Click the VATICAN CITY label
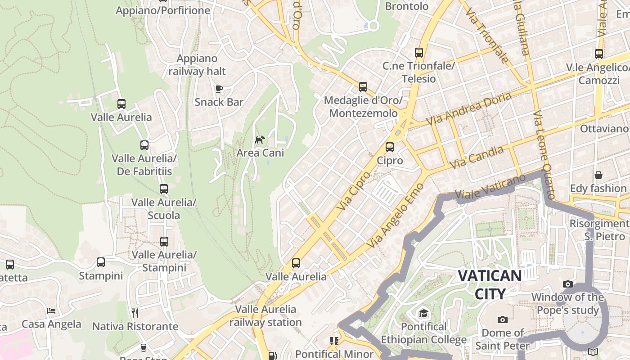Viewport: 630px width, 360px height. point(490,284)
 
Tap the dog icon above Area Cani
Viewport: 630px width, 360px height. point(260,139)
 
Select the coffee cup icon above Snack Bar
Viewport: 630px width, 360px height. point(219,89)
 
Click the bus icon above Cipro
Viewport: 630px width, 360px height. point(390,147)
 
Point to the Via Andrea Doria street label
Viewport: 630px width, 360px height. point(468,109)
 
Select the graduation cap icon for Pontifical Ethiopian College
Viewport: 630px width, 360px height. point(423,313)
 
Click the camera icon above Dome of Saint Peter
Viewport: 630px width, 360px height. point(503,319)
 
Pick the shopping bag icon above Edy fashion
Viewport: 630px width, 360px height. point(598,175)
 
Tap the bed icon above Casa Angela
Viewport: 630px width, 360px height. point(51,310)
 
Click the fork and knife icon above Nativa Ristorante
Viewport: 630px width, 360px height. point(135,313)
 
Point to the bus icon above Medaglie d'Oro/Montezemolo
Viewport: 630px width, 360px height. point(363,87)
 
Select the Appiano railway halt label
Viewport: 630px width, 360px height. point(197,65)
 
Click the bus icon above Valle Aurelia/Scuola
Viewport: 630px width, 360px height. point(164,189)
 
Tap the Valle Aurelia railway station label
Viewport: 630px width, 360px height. point(265,316)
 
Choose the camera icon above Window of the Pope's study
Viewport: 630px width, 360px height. point(568,284)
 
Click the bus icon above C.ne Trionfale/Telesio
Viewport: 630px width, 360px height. point(419,53)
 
